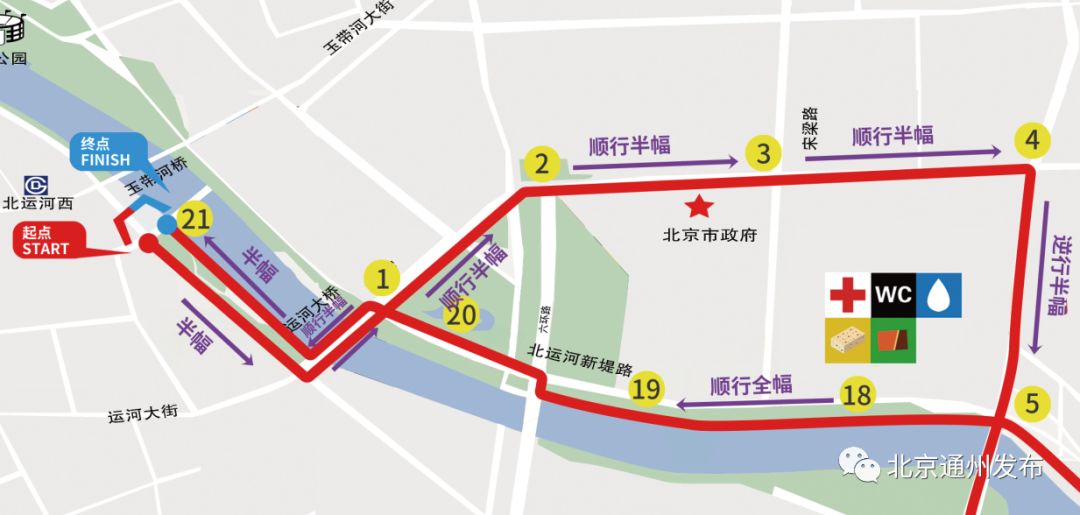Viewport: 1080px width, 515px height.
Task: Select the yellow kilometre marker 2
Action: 542,163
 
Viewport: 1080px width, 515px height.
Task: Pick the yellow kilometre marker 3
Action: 763,154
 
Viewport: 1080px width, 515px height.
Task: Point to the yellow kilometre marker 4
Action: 1032,141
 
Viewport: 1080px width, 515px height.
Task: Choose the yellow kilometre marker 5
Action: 1032,406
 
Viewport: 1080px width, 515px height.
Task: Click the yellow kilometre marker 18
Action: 857,395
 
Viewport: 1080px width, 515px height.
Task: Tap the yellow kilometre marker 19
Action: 647,389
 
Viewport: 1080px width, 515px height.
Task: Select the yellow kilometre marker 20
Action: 461,316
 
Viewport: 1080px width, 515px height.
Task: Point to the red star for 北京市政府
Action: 699,208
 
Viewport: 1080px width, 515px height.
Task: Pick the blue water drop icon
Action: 939,295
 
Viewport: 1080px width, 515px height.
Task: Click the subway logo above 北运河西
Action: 36,185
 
